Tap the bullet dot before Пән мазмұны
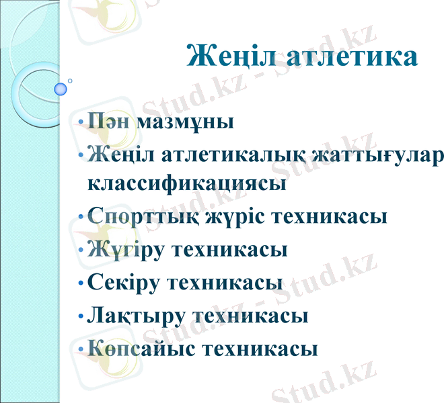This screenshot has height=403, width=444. pos(81,124)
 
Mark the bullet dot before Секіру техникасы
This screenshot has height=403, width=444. pos(81,283)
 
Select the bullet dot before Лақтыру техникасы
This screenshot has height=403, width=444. pos(81,316)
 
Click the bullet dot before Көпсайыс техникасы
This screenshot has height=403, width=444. pos(81,350)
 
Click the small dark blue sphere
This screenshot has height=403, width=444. pos(61,89)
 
